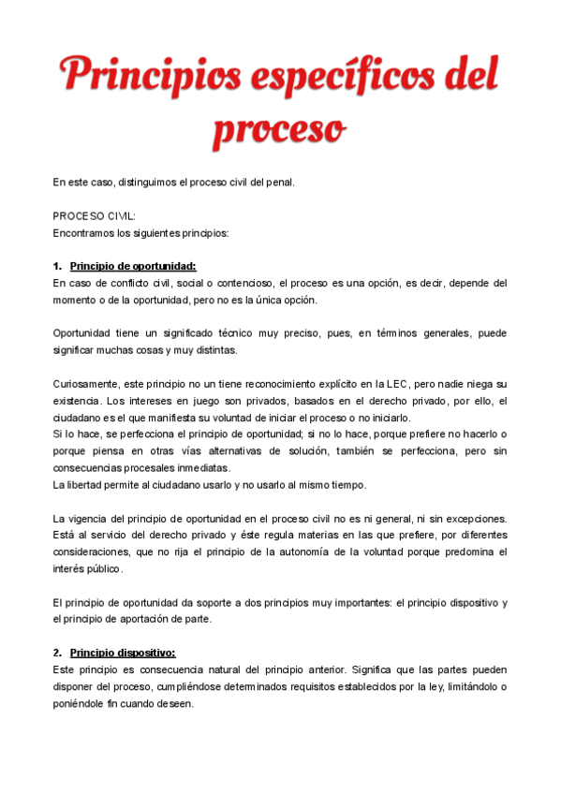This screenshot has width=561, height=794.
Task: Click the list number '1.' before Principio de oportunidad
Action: [57, 266]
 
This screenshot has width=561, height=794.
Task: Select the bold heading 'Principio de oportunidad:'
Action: [133, 266]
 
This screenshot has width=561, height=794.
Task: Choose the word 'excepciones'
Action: [474, 519]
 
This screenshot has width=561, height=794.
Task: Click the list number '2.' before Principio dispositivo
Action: [57, 654]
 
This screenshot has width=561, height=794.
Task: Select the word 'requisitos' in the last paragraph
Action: [317, 687]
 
